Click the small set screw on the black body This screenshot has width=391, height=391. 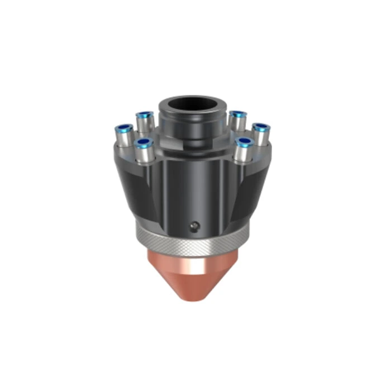(x=193, y=226)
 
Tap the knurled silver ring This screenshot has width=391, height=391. (x=190, y=241)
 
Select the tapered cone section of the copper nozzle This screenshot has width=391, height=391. (x=193, y=282)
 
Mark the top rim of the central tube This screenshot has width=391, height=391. (x=193, y=98)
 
